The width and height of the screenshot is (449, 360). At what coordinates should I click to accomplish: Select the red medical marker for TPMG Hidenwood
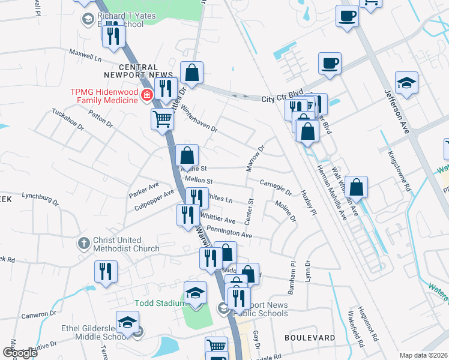pos(145,95)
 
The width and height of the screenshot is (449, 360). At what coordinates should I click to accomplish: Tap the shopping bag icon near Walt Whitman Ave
pos(356,187)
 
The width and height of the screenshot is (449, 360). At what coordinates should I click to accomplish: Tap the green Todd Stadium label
pos(160,303)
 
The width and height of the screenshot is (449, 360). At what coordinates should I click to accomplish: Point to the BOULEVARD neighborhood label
pos(309,338)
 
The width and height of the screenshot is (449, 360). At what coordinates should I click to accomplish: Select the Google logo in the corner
pos(20,353)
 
